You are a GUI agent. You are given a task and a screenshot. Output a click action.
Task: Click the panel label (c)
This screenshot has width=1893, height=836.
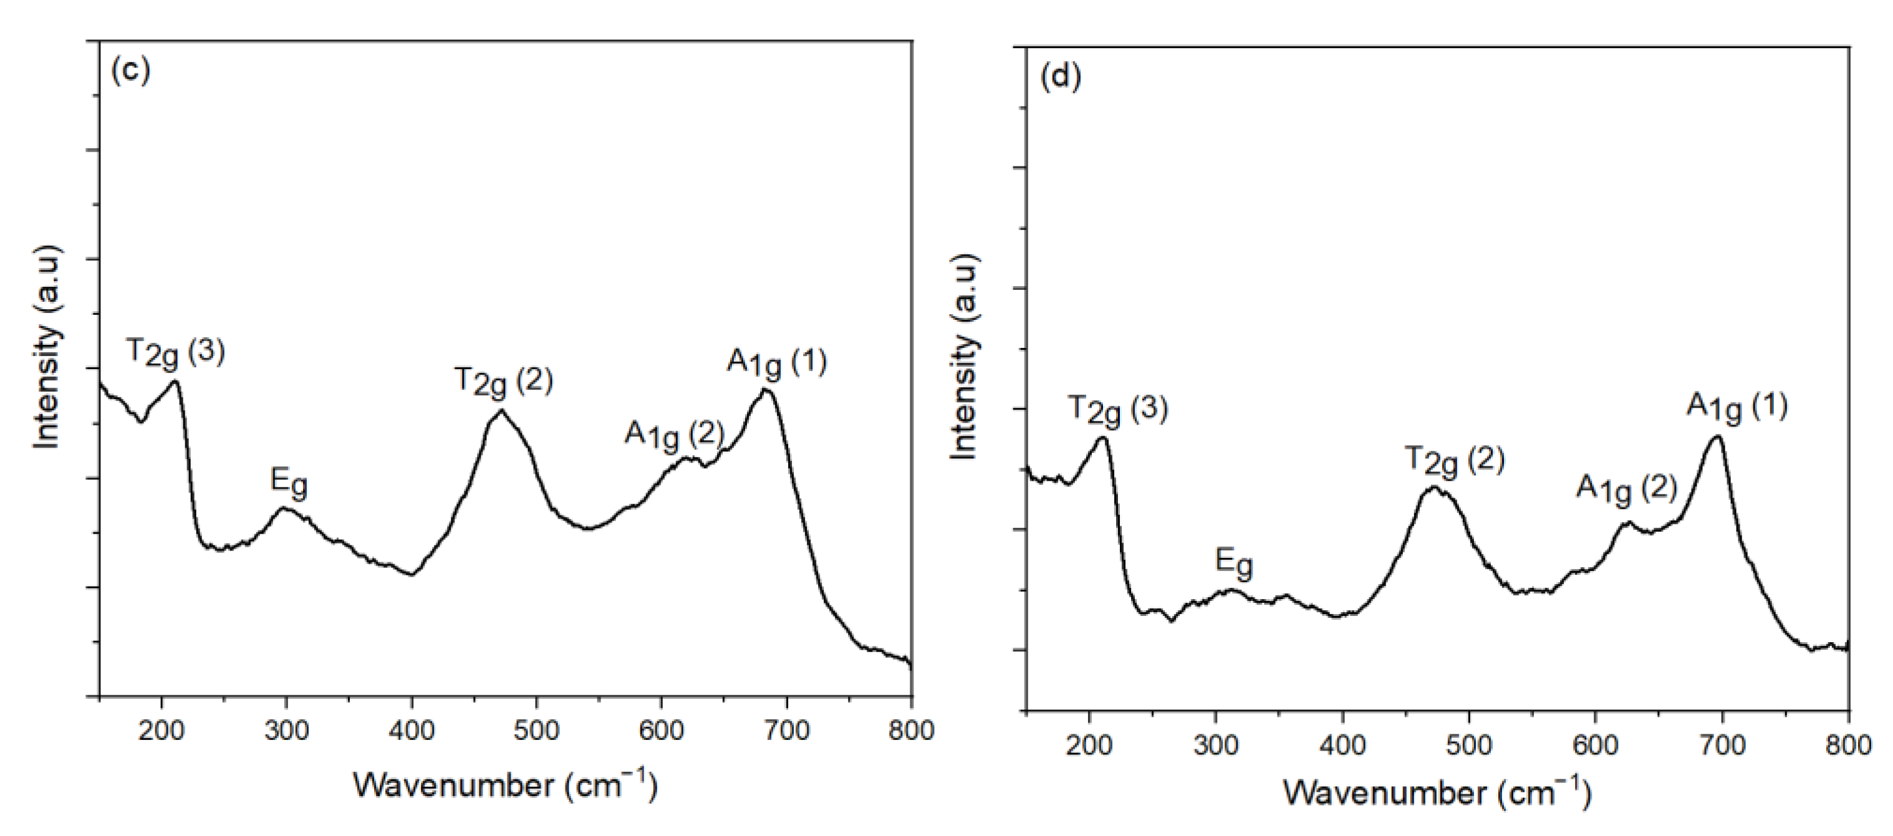(x=130, y=70)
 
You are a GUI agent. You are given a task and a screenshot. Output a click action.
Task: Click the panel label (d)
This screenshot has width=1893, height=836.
(x=1061, y=78)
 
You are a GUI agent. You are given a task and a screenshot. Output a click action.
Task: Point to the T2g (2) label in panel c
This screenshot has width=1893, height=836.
(x=503, y=382)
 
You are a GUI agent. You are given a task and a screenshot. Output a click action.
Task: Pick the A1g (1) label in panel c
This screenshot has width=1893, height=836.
(x=777, y=363)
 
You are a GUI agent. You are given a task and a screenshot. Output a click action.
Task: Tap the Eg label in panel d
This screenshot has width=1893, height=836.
(x=1234, y=564)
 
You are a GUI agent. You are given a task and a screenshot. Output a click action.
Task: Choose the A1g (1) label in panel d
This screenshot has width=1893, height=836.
(x=1736, y=407)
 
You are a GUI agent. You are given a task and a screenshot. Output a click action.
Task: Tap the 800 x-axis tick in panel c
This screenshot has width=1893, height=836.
(x=911, y=730)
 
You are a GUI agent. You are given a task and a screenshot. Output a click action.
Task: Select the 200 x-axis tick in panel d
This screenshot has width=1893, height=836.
(x=1090, y=745)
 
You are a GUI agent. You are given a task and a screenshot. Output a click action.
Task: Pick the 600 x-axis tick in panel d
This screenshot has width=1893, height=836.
(x=1596, y=745)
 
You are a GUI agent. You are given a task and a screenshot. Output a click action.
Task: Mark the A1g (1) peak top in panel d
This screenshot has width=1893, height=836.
(x=1717, y=436)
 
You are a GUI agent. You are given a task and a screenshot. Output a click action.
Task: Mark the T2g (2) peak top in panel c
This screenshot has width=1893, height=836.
(x=501, y=410)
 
